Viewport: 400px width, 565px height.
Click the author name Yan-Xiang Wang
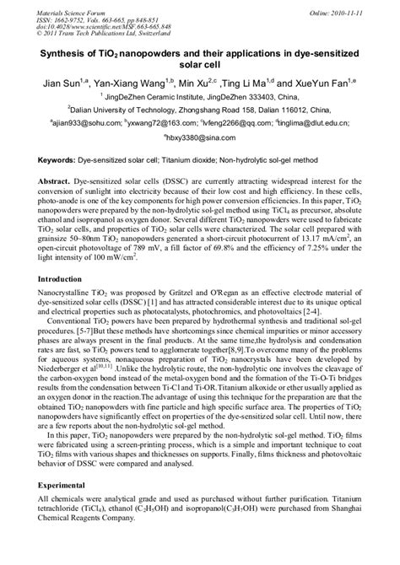(131, 86)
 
